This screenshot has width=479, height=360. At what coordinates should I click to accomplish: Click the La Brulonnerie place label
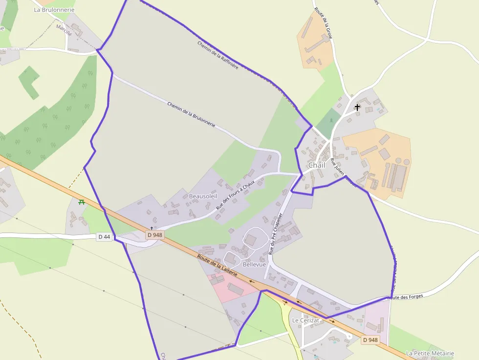coord(54,9)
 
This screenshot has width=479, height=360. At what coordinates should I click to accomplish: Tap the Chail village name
coord(317,165)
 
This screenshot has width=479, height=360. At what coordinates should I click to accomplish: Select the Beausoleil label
coord(203,196)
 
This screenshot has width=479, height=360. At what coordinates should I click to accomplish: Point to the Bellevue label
coord(254,264)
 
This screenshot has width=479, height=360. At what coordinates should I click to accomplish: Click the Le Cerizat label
coord(305,320)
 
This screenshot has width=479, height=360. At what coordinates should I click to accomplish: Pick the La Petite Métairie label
coord(430,353)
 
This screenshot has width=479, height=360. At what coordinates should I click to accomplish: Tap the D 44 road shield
coord(104,237)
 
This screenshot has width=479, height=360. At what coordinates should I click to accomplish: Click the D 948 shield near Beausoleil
coord(154,235)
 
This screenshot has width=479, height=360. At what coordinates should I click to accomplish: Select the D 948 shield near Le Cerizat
coord(370,339)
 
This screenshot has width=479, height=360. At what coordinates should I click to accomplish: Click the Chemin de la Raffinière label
coord(218,55)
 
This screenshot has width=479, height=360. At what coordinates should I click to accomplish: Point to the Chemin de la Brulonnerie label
coord(191,114)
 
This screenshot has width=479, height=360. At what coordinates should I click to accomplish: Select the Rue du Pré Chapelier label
coord(276,233)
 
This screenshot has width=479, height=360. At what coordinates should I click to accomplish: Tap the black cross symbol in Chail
coord(357,107)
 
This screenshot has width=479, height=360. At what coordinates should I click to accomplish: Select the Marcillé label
coord(64,30)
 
